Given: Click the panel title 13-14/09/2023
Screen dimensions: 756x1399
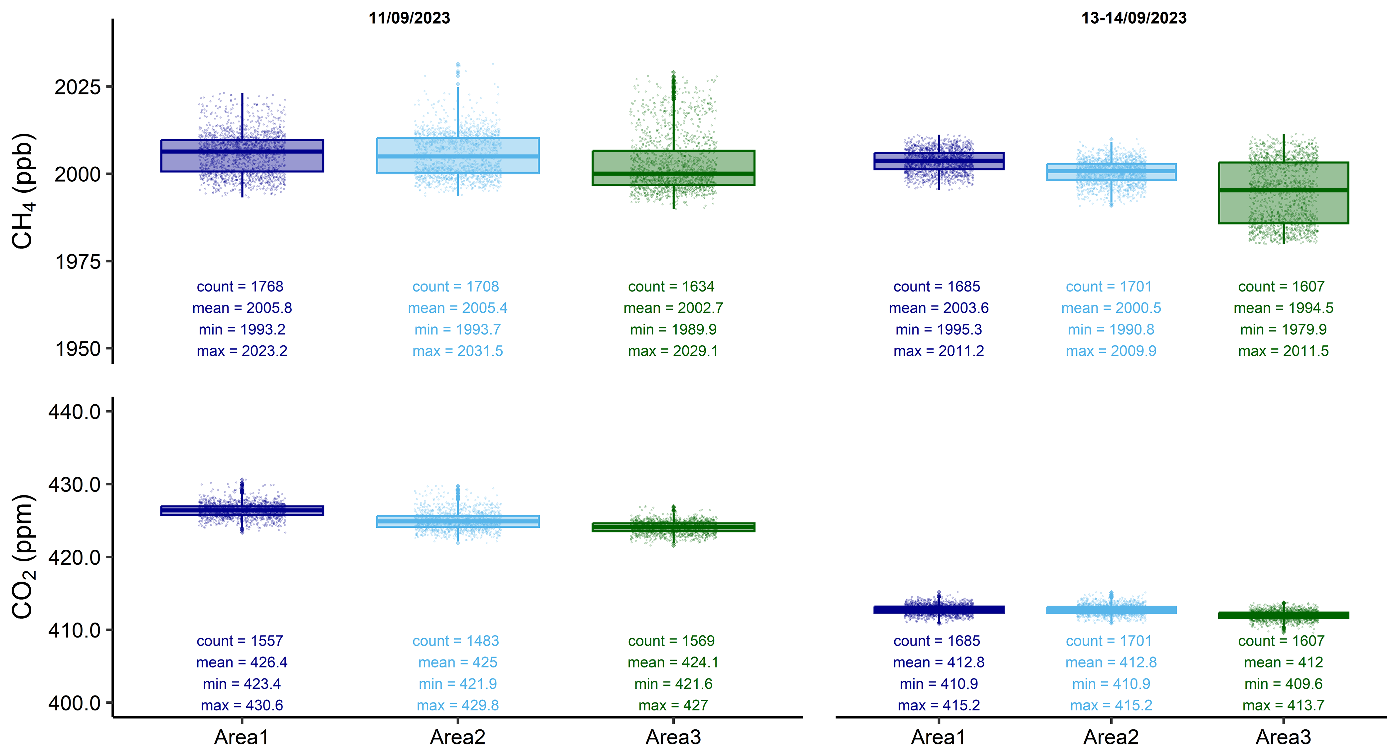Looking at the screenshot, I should (x=1134, y=18).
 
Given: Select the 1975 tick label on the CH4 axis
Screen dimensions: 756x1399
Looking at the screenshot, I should (x=78, y=262).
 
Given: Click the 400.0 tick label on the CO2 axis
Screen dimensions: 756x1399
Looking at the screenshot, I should (x=75, y=703).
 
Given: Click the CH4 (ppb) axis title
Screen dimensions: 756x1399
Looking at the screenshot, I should (x=23, y=191).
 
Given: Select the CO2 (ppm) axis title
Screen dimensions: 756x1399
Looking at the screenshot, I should (x=23, y=557).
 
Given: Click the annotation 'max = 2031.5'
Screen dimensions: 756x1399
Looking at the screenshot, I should (x=458, y=351).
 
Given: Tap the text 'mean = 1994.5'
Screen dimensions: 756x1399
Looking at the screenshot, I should (x=1283, y=308).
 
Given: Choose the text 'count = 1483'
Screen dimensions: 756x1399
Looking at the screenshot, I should (x=456, y=641).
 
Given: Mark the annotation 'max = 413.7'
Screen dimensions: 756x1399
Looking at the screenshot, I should (x=1283, y=705).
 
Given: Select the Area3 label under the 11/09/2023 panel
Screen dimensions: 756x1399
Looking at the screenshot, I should (x=673, y=737).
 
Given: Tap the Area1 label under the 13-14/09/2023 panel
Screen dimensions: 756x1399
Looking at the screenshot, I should (x=939, y=737).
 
